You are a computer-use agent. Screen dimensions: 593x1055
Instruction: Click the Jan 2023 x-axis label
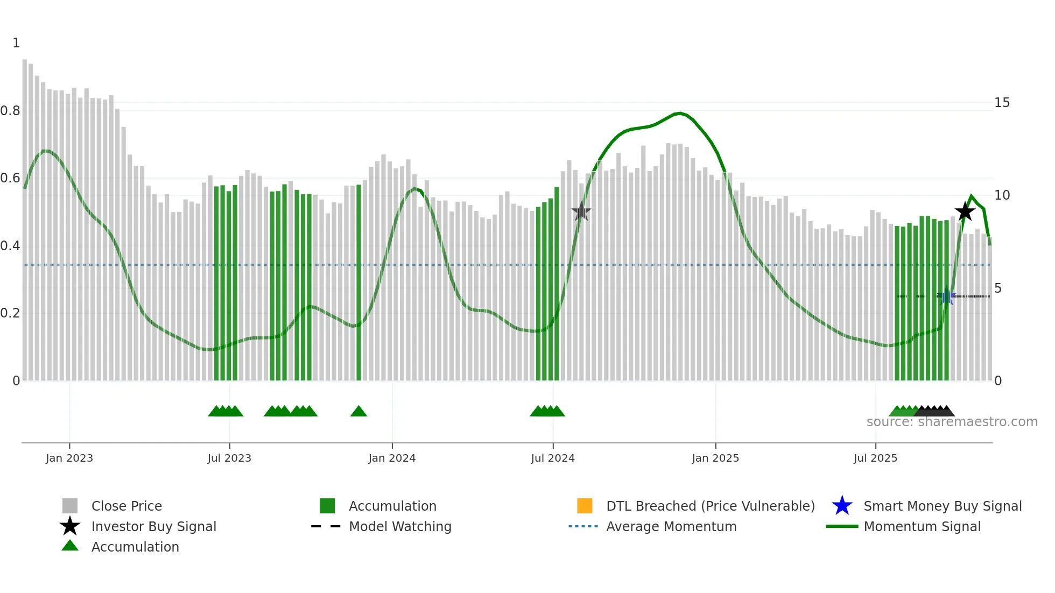69,458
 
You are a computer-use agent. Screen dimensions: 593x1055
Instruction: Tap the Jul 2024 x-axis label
553,458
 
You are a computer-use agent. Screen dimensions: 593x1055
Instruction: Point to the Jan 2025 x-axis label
715,458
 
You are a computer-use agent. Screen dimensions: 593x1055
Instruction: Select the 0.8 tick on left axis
10,111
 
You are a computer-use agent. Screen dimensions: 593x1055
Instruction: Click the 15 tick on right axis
1002,103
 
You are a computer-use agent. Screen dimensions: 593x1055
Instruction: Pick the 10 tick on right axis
1002,195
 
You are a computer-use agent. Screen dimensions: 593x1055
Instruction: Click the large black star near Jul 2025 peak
965,211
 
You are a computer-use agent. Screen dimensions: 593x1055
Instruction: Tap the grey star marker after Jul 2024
581,212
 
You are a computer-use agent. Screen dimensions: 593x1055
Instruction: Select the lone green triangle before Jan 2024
358,412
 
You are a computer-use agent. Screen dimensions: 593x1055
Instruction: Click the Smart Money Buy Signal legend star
842,506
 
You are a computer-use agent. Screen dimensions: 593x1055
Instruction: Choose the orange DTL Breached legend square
585,506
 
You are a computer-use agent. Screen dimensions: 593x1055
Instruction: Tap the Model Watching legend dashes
326,526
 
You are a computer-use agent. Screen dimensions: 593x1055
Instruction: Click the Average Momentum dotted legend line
583,526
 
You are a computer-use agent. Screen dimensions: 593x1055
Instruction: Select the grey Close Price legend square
70,506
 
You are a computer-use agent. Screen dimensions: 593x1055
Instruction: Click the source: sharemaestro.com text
952,422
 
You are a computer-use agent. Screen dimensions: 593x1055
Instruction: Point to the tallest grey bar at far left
25,215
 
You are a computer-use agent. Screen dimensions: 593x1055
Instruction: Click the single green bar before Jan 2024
359,283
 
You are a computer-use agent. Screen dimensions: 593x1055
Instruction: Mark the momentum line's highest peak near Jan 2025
680,113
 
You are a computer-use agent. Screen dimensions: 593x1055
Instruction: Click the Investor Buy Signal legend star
70,526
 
